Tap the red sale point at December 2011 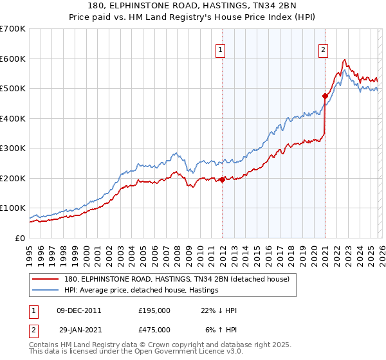(223, 180)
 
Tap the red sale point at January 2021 (326, 96)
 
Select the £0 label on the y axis (19, 238)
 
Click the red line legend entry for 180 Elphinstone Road (177, 279)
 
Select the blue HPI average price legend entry (142, 290)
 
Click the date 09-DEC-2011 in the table (79, 310)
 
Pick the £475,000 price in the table (154, 329)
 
